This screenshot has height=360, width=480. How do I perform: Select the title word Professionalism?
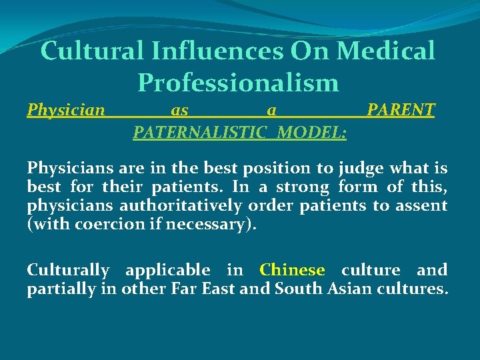(x=238, y=83)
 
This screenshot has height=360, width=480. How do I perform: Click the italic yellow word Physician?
(x=66, y=109)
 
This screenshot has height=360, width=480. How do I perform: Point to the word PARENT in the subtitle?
(x=401, y=109)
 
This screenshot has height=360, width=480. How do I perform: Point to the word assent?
(x=421, y=206)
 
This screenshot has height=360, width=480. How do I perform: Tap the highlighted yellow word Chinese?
(x=292, y=270)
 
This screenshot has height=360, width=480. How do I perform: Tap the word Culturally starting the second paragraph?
(x=68, y=271)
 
